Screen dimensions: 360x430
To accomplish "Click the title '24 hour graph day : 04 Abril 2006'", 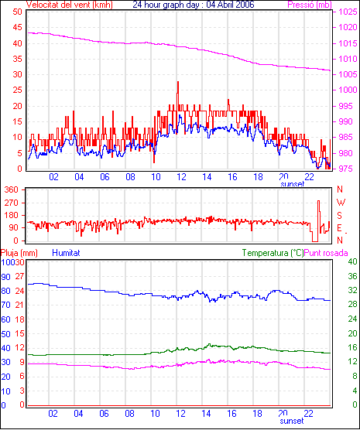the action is pyautogui.click(x=194, y=5).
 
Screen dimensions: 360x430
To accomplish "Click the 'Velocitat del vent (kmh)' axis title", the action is pyautogui.click(x=70, y=5).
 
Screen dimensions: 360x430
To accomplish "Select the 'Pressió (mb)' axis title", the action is pyautogui.click(x=310, y=5).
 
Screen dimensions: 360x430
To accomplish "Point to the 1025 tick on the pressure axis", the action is pyautogui.click(x=348, y=12).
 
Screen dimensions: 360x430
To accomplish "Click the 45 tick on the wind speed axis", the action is pyautogui.click(x=17, y=27).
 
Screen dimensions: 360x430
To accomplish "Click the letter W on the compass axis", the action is pyautogui.click(x=341, y=203).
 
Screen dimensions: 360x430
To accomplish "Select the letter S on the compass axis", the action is pyautogui.click(x=339, y=216).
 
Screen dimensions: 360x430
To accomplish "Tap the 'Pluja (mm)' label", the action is pyautogui.click(x=19, y=253).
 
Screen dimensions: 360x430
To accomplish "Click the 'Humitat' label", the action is pyautogui.click(x=66, y=253).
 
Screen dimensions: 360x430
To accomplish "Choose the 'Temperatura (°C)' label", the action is pyautogui.click(x=273, y=253).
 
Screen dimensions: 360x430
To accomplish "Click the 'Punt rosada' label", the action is pyautogui.click(x=326, y=253).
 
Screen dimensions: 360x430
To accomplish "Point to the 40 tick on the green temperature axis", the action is pyautogui.click(x=352, y=262).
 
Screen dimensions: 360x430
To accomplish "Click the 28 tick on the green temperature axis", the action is pyautogui.click(x=352, y=305).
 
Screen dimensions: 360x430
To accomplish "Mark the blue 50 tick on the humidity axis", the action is pyautogui.click(x=5, y=334).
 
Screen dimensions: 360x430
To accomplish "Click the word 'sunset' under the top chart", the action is pyautogui.click(x=292, y=184).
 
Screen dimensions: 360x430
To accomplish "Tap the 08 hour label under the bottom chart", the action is pyautogui.click(x=129, y=413).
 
